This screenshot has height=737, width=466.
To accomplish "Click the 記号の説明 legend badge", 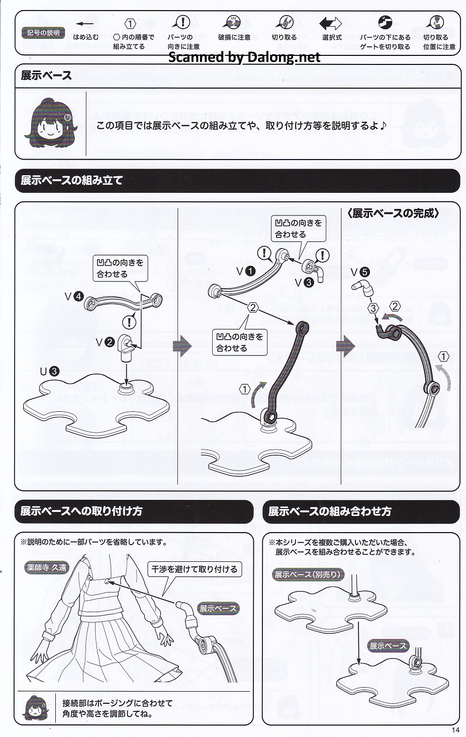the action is point(43,33).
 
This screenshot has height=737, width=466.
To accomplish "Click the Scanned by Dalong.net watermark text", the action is point(244,57).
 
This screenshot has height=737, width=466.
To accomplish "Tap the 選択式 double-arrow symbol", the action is point(330,23).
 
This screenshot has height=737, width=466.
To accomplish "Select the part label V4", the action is point(73,297).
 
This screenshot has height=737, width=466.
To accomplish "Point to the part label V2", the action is point(105,342).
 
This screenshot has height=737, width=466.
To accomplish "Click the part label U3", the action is point(49,372).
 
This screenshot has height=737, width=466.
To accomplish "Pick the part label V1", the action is point(246,271).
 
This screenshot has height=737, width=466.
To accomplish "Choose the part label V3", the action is point(304,282).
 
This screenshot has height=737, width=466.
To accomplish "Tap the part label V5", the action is point(360,272).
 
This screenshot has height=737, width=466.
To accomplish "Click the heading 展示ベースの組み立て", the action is point(71,180).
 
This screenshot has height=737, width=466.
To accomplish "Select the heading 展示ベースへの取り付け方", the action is point(81,511).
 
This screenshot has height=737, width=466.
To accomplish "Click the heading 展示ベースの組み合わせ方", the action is point(330,511).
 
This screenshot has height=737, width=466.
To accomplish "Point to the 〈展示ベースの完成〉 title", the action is point(393,213).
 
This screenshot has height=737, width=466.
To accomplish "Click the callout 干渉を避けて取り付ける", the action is point(195,569).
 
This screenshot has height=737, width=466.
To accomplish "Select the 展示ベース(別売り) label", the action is point(308,574).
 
